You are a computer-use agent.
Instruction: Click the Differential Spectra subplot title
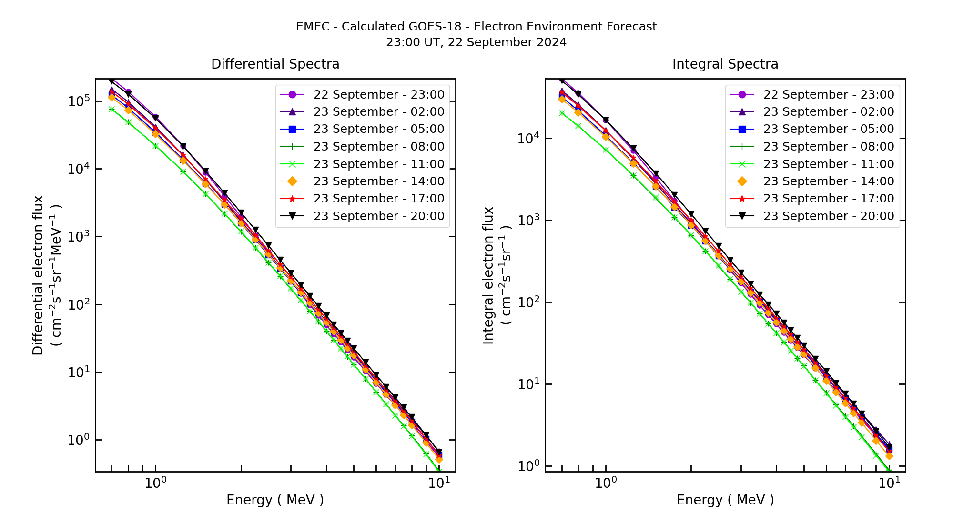[x=275, y=64]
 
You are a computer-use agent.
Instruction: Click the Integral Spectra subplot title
[x=725, y=64]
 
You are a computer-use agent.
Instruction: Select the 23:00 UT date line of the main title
[x=476, y=42]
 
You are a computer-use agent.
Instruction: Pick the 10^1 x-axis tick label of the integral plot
[x=889, y=483]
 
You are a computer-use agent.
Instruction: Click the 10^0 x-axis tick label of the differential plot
[x=155, y=483]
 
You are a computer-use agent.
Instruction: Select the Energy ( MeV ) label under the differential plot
[x=275, y=500]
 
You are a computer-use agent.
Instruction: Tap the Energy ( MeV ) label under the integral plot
[x=725, y=500]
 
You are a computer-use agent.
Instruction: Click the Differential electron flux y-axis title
[x=38, y=275]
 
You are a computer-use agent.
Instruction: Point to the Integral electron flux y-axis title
[x=488, y=275]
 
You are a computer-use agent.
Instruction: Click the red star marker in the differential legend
[x=293, y=199]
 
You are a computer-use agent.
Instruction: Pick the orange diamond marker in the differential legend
[x=293, y=181]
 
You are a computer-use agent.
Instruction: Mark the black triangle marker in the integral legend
[x=742, y=216]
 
